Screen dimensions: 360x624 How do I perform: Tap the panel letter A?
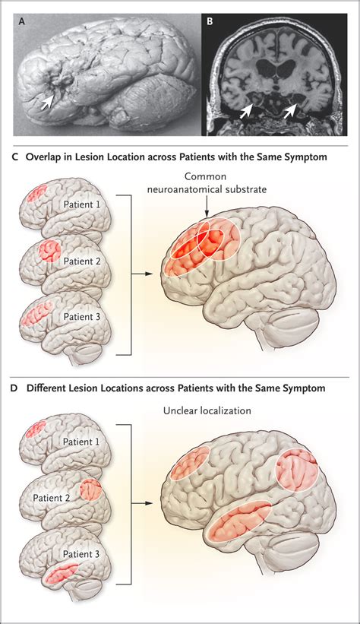(x=22, y=22)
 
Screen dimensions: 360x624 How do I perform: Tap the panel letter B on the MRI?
(x=210, y=21)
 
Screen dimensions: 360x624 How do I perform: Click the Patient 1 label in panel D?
(x=81, y=442)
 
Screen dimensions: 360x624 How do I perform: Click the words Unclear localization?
(x=207, y=410)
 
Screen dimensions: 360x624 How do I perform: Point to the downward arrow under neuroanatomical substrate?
(x=207, y=207)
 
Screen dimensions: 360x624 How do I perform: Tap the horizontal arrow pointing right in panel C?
(x=143, y=274)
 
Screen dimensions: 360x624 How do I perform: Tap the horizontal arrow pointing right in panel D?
(x=143, y=503)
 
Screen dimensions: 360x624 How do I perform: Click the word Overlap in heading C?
(x=39, y=157)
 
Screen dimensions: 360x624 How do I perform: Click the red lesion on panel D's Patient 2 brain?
(x=91, y=490)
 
